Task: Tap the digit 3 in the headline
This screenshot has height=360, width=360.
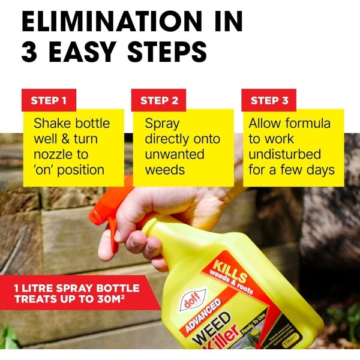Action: [30, 52]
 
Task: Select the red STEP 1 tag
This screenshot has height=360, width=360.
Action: [49, 100]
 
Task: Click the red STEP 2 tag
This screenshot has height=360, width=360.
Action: [159, 100]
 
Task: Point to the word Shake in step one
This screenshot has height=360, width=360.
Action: [51, 124]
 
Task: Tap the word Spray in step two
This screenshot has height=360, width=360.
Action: [162, 124]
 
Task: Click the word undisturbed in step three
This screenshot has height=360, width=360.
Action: [285, 155]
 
